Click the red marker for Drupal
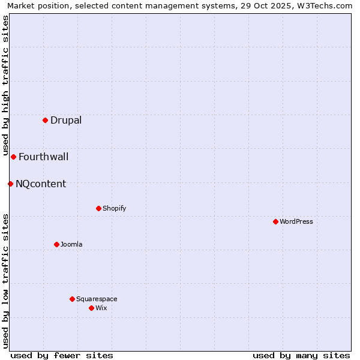pos(45,120)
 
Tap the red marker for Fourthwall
pos(13,157)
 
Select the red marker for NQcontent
pos(10,184)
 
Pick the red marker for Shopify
pos(98,208)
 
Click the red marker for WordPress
pos(275,221)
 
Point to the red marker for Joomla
pos(56,244)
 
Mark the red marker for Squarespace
pos(72,299)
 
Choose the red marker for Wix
pos(91,308)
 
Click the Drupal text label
pos(66,120)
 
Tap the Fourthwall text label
pos(43,157)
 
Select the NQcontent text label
pos(41,184)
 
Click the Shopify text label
pos(114,208)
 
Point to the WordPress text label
pos(296,221)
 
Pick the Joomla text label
pos(71,244)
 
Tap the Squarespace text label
pos(97,299)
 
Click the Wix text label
pos(101,308)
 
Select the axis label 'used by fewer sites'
pos(62,355)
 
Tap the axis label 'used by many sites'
pos(301,355)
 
